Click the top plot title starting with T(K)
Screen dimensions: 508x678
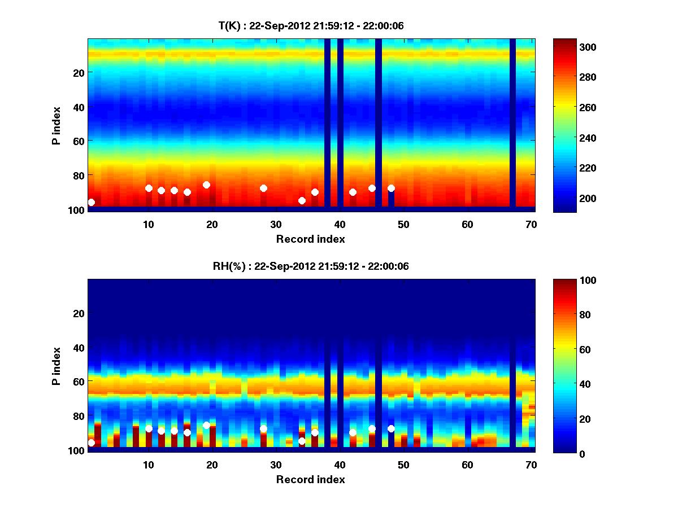[311, 26]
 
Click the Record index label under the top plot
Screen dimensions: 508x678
[311, 239]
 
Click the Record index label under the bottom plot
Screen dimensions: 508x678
[311, 479]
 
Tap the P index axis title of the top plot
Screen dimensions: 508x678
[57, 124]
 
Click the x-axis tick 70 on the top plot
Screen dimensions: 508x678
[532, 224]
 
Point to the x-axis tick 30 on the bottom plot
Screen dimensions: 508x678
[276, 465]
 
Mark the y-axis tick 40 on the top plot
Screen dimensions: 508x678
[78, 107]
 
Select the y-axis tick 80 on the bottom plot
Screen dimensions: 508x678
[78, 416]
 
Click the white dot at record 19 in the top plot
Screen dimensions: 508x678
[206, 185]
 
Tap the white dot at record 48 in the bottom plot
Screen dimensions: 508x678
[391, 429]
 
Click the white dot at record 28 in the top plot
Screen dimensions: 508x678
[263, 189]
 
